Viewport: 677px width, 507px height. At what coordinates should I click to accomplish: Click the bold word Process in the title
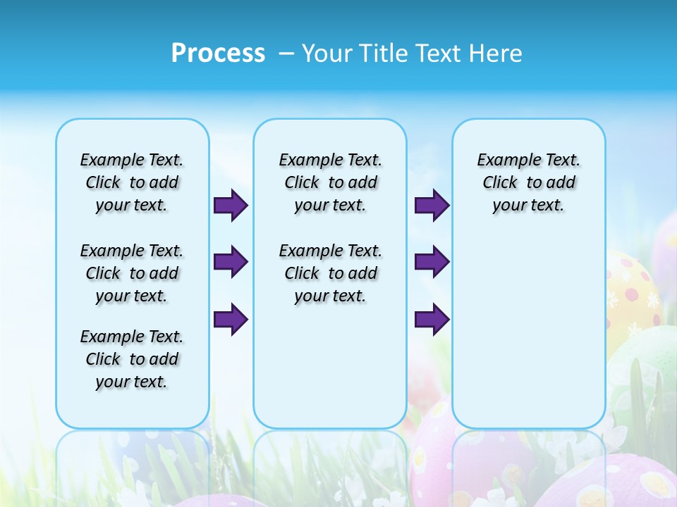pos(218,53)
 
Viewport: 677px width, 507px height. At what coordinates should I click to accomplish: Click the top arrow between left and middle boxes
pos(231,206)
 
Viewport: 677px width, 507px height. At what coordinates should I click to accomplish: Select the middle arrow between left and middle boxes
pos(231,262)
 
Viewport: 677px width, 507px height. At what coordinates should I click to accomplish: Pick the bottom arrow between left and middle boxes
pos(231,320)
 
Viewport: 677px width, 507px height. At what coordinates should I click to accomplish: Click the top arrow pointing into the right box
pos(432,206)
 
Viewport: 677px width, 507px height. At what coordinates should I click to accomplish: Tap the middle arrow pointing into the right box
pos(432,262)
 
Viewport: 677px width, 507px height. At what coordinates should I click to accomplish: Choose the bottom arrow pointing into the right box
pos(432,320)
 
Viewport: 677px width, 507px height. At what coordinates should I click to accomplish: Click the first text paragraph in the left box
pos(132,182)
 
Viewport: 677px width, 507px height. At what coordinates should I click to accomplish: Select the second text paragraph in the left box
pos(132,273)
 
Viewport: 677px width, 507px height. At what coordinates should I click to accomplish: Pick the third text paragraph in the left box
pos(132,359)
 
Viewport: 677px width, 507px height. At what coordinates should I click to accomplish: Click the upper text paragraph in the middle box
pos(330,182)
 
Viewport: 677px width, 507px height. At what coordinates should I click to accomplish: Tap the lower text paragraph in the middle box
pos(330,273)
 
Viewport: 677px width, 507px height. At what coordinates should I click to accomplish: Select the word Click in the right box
pos(500,183)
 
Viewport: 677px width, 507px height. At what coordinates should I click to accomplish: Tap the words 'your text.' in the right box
pos(528,206)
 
